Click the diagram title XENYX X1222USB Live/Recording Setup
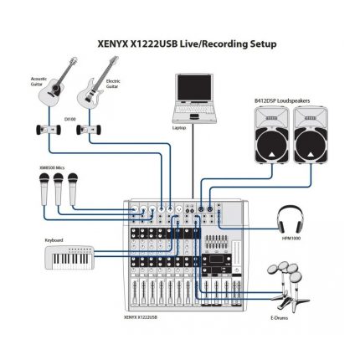click(180, 44)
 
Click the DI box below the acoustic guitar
click(39, 132)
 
